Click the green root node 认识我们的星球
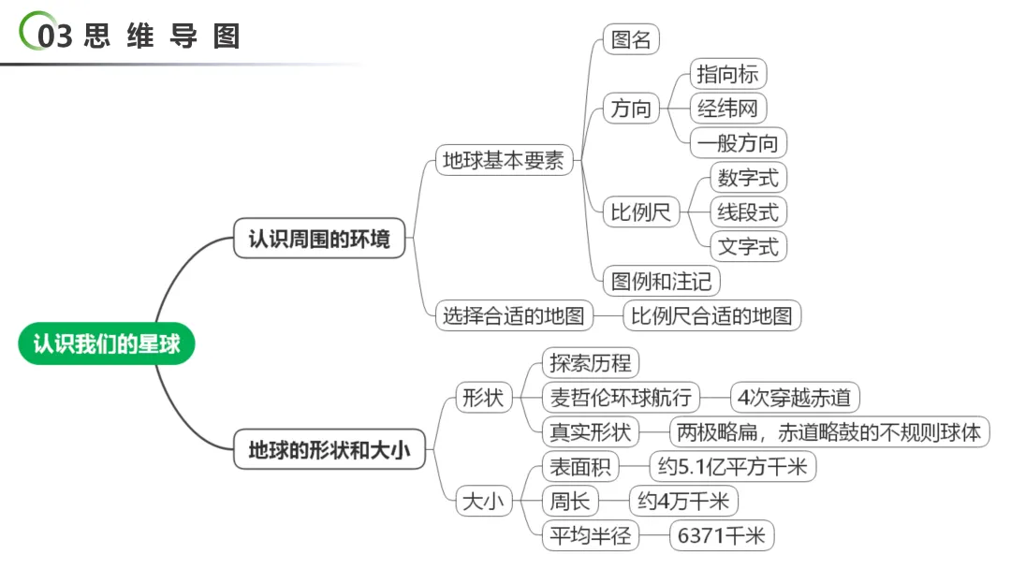click(x=106, y=343)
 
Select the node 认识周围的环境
click(x=318, y=239)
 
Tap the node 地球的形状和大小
click(x=329, y=450)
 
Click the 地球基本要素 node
click(x=504, y=160)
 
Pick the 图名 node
click(x=631, y=39)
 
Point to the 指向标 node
click(x=726, y=73)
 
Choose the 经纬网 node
click(x=726, y=109)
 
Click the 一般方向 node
click(x=738, y=143)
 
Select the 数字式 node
click(x=748, y=177)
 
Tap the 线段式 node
click(x=748, y=212)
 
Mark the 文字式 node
click(x=748, y=246)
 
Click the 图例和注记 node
click(x=661, y=281)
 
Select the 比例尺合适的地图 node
click(x=711, y=315)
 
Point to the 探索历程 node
click(x=591, y=363)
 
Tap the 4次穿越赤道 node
click(x=794, y=398)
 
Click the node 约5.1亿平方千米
click(x=732, y=466)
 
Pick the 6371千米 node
click(x=722, y=535)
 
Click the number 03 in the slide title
click(x=55, y=36)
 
